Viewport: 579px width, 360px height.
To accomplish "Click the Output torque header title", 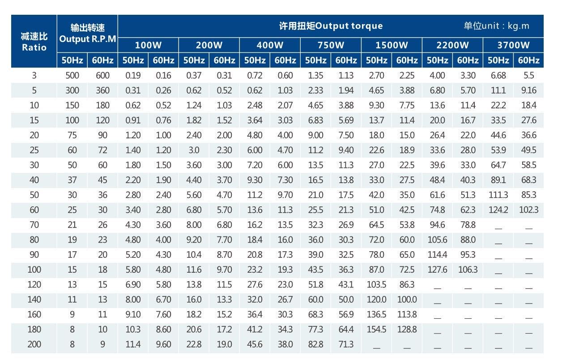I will [331, 26].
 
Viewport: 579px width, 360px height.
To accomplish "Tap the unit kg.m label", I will [496, 26].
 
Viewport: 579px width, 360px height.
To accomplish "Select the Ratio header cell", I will [34, 42].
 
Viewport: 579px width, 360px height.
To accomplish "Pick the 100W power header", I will [148, 45].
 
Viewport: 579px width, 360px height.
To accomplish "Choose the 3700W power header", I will [513, 45].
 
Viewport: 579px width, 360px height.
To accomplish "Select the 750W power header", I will [331, 45].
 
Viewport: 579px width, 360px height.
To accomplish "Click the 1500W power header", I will [392, 45].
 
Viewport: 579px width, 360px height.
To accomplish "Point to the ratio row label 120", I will [34, 284].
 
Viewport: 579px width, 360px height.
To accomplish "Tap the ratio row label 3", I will [34, 76].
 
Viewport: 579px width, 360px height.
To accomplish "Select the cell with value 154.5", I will [376, 329].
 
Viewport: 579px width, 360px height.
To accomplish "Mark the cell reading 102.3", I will [528, 210].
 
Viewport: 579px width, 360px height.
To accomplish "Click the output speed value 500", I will [72, 76].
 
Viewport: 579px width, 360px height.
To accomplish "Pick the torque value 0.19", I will [133, 76].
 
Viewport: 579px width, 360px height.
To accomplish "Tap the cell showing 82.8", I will [315, 344].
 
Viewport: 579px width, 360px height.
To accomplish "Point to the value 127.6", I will [437, 270].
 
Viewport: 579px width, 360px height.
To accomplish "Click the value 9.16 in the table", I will [528, 90].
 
